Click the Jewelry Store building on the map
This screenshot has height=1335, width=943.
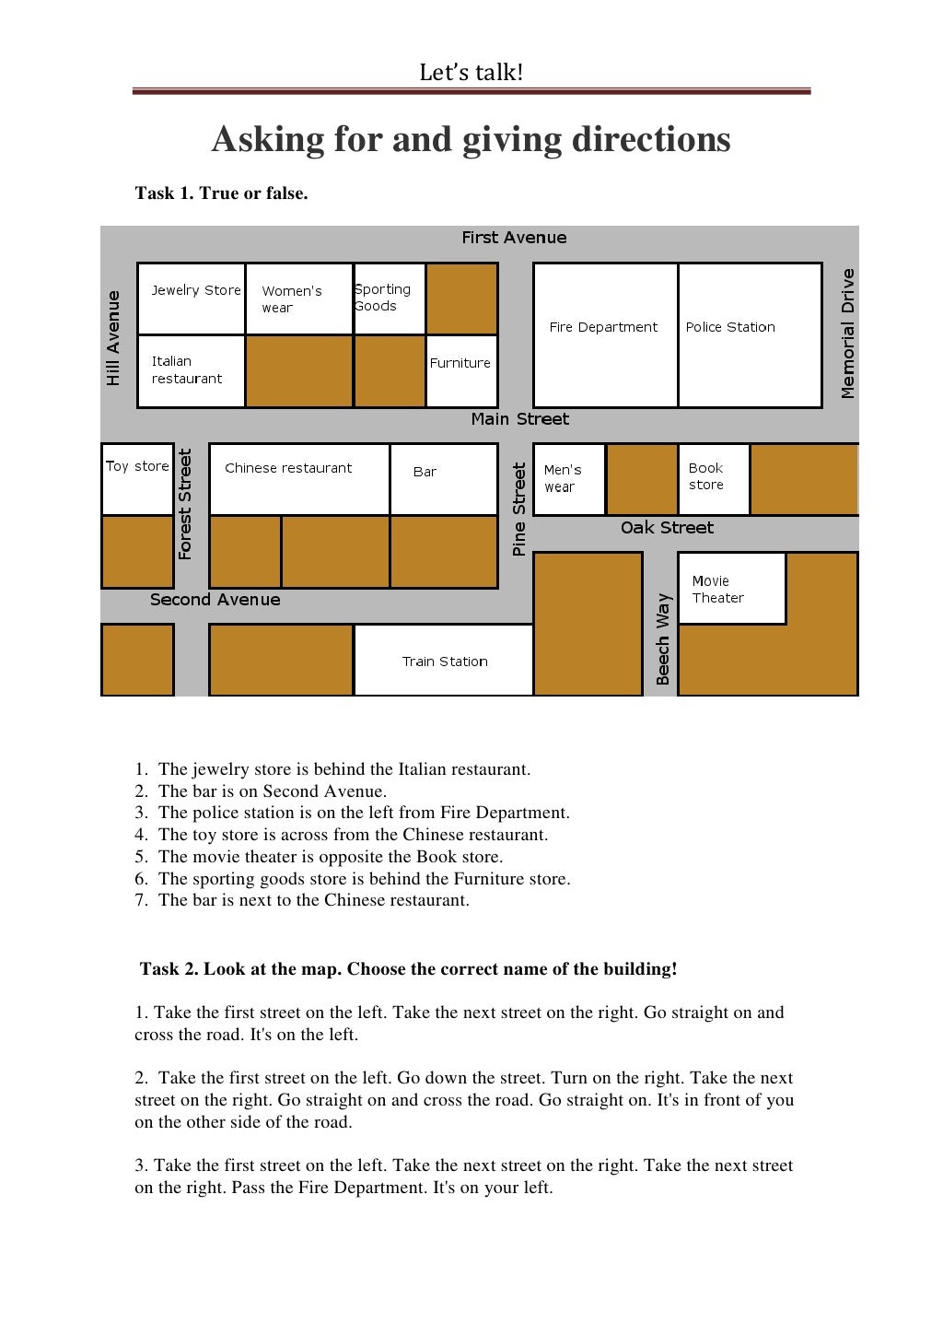pos(192,299)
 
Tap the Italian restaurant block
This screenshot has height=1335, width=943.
pos(192,370)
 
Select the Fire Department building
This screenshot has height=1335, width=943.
pos(605,334)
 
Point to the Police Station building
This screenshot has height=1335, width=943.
pos(750,334)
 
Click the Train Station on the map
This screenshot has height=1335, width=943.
pos(444,661)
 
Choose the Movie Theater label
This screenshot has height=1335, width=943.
pos(718,590)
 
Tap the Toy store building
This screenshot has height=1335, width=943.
pos(137,479)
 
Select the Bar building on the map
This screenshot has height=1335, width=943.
pos(443,479)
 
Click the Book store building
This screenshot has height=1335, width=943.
pos(714,479)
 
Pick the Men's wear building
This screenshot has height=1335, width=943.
pos(568,479)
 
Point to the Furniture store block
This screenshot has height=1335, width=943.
pos(461,370)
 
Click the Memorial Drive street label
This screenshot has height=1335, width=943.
pos(848,334)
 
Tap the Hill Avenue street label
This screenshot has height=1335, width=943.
pos(113,337)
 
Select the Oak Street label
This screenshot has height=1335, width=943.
pos(667,528)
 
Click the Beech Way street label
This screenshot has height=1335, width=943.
pos(662,638)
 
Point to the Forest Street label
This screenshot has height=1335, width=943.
pos(185,504)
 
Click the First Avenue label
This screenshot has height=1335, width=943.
pos(514,238)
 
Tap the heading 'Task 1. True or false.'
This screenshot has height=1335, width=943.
pos(221,193)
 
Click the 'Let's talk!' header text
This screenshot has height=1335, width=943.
pos(471,73)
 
